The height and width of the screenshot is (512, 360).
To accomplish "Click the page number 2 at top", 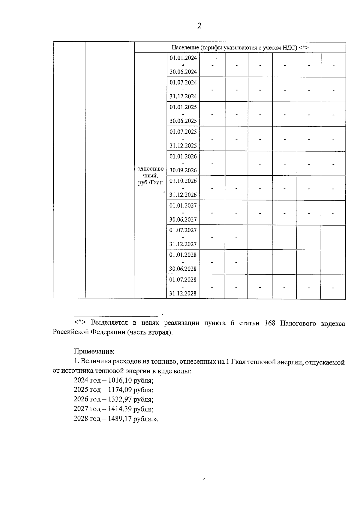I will (199, 26).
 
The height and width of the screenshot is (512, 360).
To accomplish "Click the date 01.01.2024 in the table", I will (183, 58).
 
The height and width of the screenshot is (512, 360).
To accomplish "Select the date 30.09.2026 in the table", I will (183, 170).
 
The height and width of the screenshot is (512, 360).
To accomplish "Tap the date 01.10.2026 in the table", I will (183, 181).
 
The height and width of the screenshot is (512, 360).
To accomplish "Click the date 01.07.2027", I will (183, 230).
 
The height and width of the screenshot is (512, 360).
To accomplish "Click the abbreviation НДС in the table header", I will (291, 48).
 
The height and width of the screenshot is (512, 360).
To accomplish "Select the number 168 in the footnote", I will (270, 324).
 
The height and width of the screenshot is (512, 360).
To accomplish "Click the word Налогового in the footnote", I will (298, 324).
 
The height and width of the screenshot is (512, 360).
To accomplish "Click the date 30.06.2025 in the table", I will (183, 121).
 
